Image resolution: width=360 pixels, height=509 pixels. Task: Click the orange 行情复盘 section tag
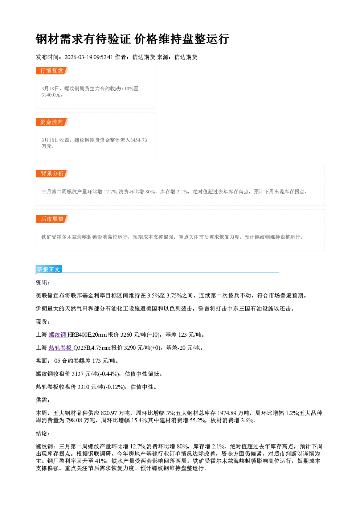point(52,70)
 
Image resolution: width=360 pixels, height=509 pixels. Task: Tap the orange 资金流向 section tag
point(52,122)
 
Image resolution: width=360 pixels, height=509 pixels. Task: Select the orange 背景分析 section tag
point(52,174)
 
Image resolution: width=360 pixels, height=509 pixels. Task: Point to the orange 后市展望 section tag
point(52,219)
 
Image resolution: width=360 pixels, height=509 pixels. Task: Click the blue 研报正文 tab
point(49,270)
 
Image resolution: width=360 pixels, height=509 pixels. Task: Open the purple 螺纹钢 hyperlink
point(57,335)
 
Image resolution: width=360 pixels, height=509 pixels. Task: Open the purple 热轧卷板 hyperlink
point(61,348)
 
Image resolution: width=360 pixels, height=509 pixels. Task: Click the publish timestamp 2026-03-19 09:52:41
point(89,57)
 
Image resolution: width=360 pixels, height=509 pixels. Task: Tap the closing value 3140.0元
point(51,95)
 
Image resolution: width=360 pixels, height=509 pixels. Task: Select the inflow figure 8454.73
point(138,140)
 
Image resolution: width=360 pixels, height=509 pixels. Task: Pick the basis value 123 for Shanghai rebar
point(183,335)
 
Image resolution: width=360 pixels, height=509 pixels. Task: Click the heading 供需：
point(43,400)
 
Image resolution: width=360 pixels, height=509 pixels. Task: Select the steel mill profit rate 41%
point(102,461)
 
